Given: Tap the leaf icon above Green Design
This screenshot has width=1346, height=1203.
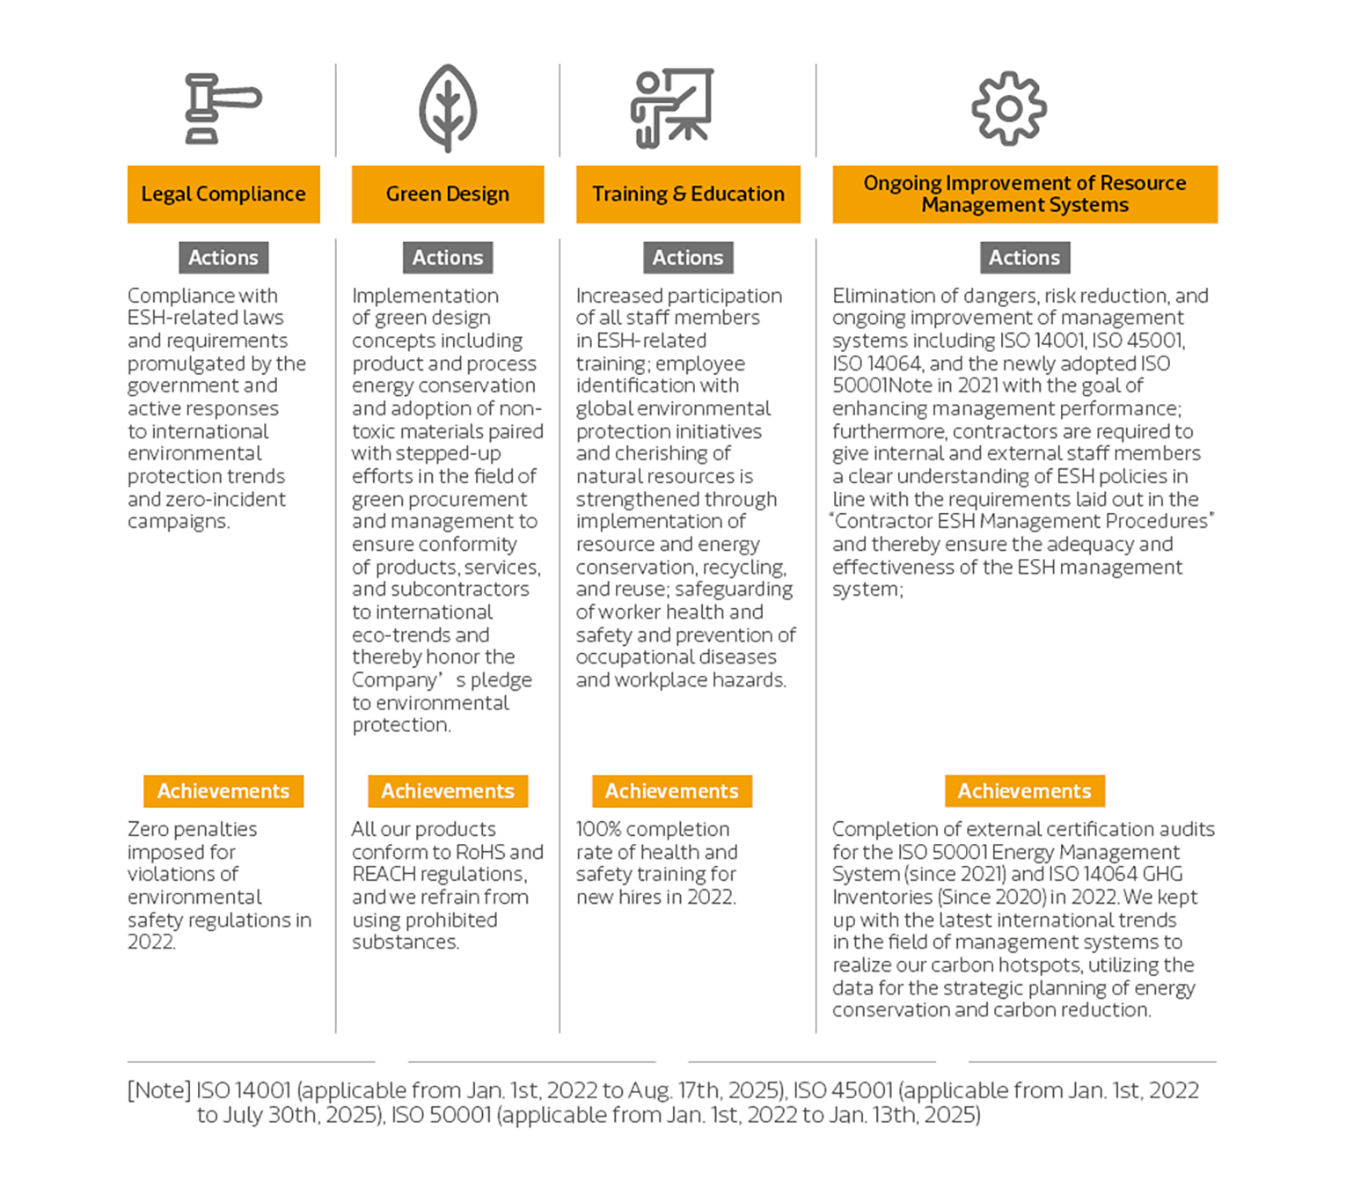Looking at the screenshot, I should (448, 108).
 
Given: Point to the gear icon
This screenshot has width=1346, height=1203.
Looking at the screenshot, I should (1009, 108).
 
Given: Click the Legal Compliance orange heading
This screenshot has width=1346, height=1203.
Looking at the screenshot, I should (223, 194).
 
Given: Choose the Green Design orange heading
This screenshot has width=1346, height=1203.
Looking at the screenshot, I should (448, 194).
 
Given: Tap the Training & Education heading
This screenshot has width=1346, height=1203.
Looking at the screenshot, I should (688, 194).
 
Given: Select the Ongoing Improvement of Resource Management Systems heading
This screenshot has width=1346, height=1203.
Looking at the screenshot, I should (1025, 194).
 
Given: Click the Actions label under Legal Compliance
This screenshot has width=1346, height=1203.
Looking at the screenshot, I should (223, 258).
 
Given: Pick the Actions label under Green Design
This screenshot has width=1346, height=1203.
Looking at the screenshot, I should (448, 258).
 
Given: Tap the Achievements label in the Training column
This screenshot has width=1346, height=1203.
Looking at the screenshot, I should (671, 791).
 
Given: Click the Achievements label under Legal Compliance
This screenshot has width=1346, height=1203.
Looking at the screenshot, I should (223, 791).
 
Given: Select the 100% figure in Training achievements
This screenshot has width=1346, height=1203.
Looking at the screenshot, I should (599, 830).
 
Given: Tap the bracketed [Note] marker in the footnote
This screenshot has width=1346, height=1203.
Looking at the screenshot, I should (159, 1090).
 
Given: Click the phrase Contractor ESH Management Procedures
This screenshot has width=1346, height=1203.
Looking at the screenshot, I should (1021, 522).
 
